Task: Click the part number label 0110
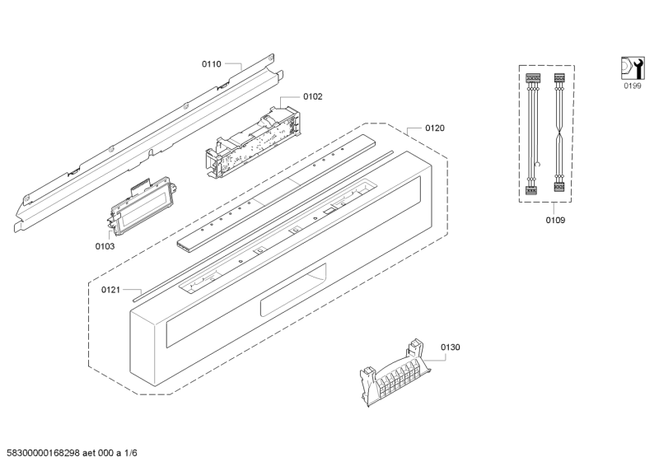(212, 64)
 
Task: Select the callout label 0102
(313, 97)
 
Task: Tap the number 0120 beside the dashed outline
(435, 128)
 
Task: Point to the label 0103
(105, 246)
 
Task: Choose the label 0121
(110, 290)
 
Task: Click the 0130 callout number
(450, 347)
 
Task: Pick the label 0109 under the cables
(555, 220)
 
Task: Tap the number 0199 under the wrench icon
(632, 86)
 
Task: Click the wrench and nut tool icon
(633, 68)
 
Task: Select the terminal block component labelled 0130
(395, 374)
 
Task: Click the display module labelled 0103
(142, 205)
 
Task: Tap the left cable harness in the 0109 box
(533, 134)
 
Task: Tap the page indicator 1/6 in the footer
(131, 453)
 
